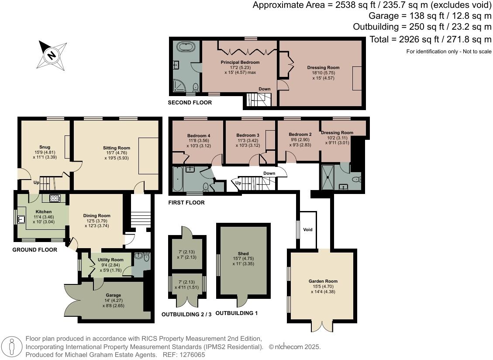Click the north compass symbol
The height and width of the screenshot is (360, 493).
pyautogui.click(x=52, y=55)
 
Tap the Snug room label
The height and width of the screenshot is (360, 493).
pyautogui.click(x=45, y=147)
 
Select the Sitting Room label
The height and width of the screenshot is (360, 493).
pyautogui.click(x=117, y=148)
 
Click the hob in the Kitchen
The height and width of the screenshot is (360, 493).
pyautogui.click(x=54, y=198)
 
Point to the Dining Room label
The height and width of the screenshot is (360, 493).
pyautogui.click(x=97, y=216)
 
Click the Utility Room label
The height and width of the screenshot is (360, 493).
pyautogui.click(x=110, y=260)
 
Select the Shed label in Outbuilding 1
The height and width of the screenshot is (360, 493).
pyautogui.click(x=243, y=253)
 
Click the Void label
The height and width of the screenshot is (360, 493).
pyautogui.click(x=308, y=230)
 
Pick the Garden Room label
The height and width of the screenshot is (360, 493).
pyautogui.click(x=323, y=281)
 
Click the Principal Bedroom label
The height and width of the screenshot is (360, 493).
pyautogui.click(x=240, y=62)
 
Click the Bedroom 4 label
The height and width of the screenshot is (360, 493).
pyautogui.click(x=199, y=136)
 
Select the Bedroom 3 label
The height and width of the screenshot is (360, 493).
pyautogui.click(x=248, y=135)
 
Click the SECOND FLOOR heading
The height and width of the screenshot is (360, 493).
pyautogui.click(x=190, y=103)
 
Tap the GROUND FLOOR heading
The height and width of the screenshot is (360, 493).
pyautogui.click(x=34, y=250)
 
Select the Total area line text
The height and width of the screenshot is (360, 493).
pyautogui.click(x=430, y=39)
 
